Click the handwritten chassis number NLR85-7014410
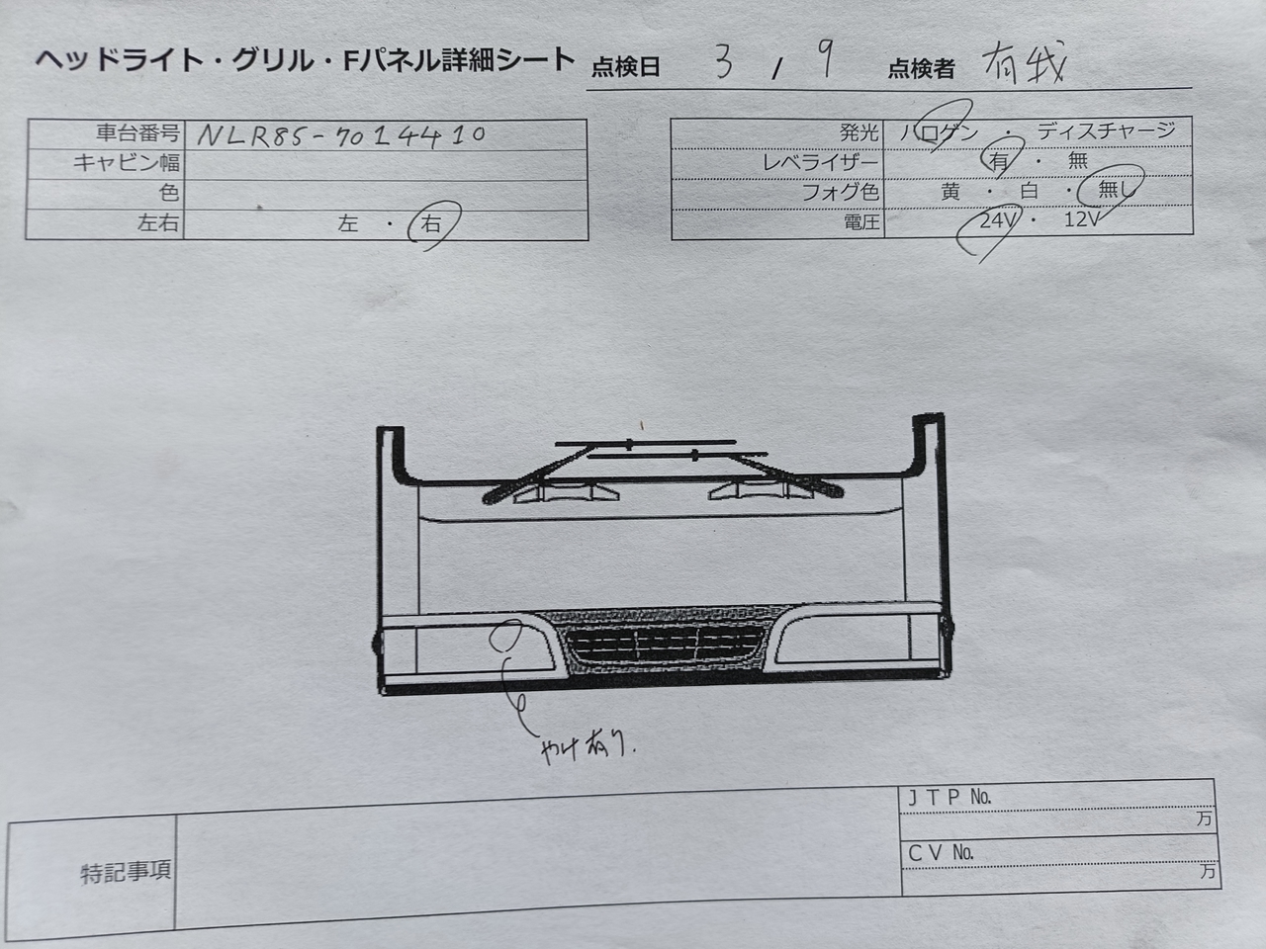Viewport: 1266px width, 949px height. pos(341,134)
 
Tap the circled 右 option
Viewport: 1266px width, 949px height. pos(433,224)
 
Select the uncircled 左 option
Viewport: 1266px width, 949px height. pos(347,224)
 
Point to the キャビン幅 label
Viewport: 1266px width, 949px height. pos(127,163)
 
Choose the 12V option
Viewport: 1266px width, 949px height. pos(1082,220)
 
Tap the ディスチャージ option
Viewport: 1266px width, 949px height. pos(1106,130)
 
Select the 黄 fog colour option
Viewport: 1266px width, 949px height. pos(950,192)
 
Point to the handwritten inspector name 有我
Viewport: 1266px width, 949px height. pos(1024,65)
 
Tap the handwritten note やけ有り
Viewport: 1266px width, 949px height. pos(586,747)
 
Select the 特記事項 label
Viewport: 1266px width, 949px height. pos(126,872)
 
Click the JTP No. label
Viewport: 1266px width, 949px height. pos(949,797)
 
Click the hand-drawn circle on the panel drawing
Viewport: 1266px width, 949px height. pos(509,635)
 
